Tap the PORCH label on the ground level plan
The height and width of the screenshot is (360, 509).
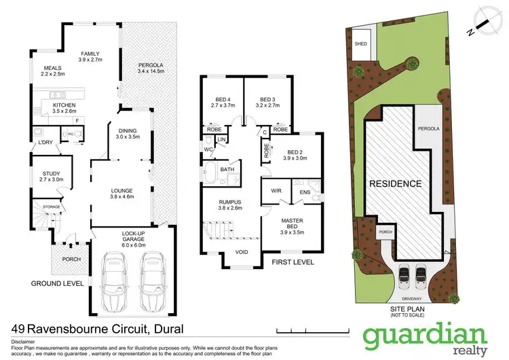click(71, 259)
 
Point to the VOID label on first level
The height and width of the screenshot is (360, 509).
click(241, 252)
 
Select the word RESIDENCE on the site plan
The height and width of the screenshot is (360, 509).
click(395, 183)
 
